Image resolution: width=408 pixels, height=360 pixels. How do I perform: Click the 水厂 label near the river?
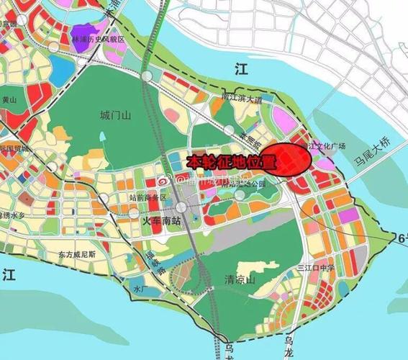coord(139,289)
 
